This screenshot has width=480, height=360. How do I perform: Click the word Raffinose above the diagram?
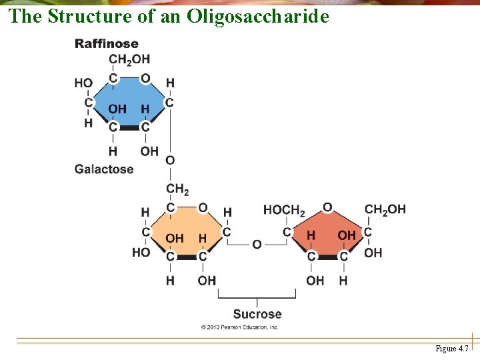tap(107, 44)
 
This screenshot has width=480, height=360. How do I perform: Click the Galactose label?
tap(104, 169)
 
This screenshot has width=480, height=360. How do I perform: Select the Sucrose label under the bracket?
tap(257, 314)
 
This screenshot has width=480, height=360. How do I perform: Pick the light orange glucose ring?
tap(187, 230)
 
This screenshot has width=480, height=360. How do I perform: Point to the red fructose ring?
tap(327, 232)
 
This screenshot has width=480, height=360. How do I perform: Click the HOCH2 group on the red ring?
tap(284, 210)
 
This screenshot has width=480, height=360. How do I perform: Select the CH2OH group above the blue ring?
tap(129, 60)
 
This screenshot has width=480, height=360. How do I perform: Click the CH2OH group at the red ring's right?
tap(385, 209)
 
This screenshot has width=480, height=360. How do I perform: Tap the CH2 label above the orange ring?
tap(177, 190)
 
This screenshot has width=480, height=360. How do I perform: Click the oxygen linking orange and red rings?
tap(257, 245)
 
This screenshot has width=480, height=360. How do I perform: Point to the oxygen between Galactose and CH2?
tap(170, 161)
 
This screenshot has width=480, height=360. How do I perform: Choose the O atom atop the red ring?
tap(327, 207)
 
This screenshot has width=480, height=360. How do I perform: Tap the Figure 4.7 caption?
tap(451, 349)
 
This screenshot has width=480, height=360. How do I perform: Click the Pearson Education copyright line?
tap(239, 327)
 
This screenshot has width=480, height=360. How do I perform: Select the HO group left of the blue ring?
tap(83, 83)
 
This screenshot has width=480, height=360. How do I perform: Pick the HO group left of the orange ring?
tap(141, 253)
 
